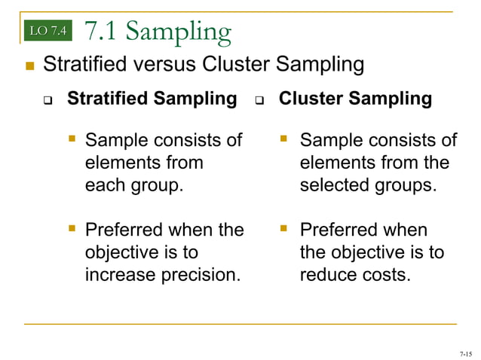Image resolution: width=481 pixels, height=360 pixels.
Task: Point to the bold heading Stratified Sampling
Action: (x=152, y=99)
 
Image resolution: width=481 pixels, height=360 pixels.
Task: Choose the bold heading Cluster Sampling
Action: (x=355, y=99)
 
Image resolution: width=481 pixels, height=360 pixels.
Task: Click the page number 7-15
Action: (x=464, y=353)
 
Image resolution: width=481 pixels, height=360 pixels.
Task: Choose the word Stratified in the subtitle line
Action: (x=82, y=65)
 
